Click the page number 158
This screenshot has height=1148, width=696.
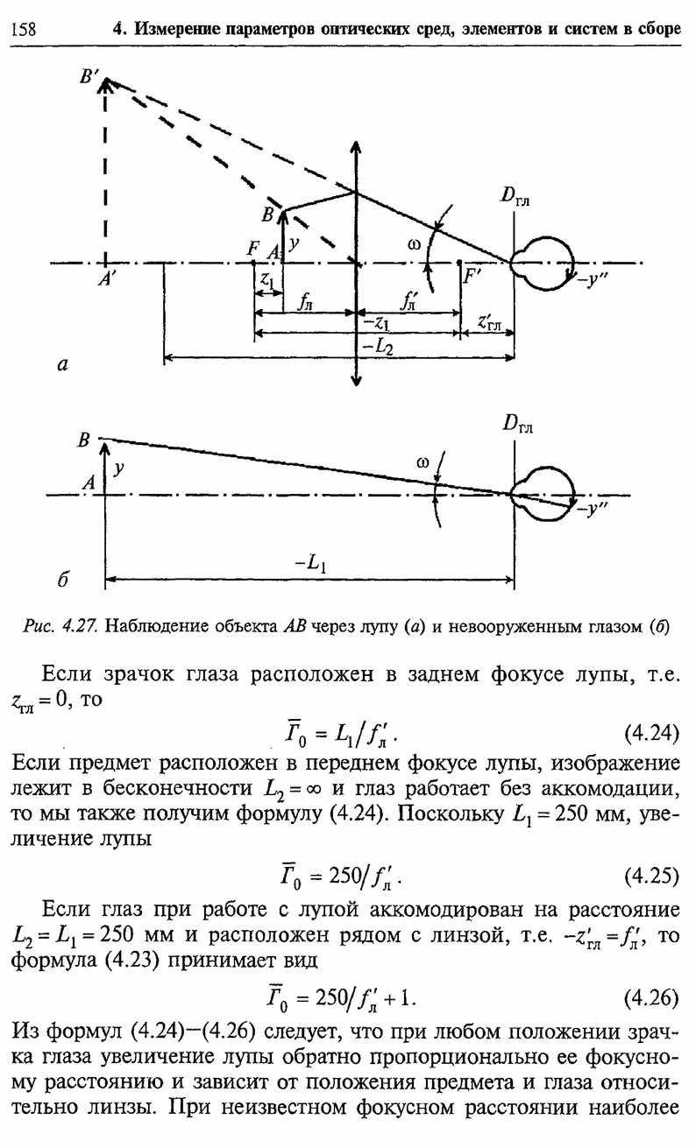tap(24, 29)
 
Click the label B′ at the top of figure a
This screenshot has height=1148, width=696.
tap(89, 77)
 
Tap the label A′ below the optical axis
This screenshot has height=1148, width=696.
tap(105, 280)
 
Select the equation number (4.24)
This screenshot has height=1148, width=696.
tap(651, 734)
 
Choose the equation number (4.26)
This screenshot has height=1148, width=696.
tap(651, 998)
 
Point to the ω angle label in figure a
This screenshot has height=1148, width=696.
tap(414, 245)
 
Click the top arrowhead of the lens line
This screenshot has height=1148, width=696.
tap(355, 148)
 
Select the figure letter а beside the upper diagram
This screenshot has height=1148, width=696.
tap(62, 364)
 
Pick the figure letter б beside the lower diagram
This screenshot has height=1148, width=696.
tap(62, 580)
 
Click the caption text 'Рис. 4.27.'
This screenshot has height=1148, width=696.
tap(60, 626)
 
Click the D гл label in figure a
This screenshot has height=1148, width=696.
tap(515, 196)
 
